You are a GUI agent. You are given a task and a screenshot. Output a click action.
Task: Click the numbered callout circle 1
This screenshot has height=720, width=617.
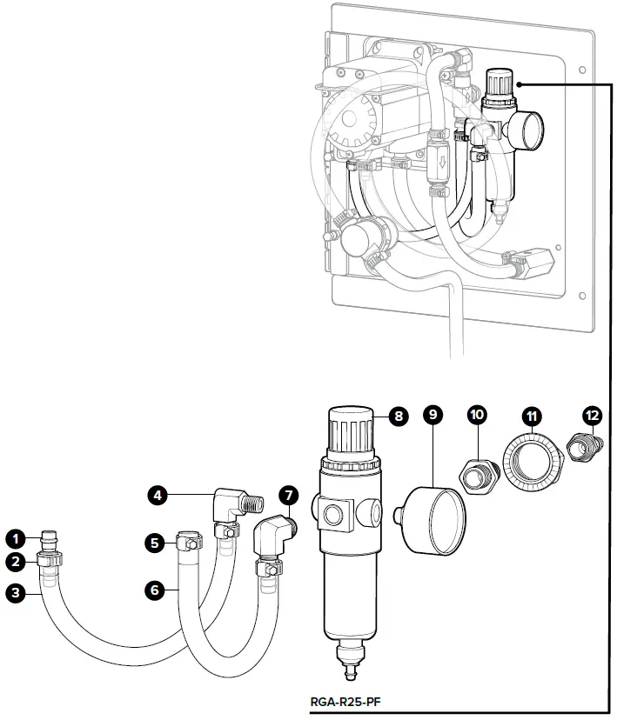tap(16, 538)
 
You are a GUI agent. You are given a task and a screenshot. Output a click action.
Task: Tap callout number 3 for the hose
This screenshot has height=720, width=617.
tap(16, 592)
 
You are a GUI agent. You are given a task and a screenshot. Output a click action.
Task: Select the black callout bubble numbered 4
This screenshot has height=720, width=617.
tap(158, 496)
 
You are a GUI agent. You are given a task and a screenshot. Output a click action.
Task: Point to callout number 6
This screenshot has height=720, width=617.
tap(154, 590)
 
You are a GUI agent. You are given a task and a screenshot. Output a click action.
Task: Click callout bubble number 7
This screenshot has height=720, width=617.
tap(289, 496)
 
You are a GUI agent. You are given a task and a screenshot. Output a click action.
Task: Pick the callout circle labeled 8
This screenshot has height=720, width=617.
tap(399, 416)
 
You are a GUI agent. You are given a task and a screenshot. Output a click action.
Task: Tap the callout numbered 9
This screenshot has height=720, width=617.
tap(433, 415)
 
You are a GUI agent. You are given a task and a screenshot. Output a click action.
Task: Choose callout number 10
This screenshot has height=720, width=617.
tap(478, 415)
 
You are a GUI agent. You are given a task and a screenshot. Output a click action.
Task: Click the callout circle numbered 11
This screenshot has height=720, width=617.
tap(532, 417)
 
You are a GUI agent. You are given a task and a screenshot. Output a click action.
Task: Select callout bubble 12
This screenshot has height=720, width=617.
tap(592, 416)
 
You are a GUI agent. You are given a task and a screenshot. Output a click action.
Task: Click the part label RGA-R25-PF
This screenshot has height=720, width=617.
tap(345, 702)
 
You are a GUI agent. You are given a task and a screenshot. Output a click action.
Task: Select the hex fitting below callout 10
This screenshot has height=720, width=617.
tap(480, 477)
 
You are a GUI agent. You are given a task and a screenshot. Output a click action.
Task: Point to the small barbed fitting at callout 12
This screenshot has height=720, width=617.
tap(585, 447)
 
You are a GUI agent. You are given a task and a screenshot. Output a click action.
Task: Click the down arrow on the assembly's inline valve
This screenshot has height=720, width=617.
tap(443, 162)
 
